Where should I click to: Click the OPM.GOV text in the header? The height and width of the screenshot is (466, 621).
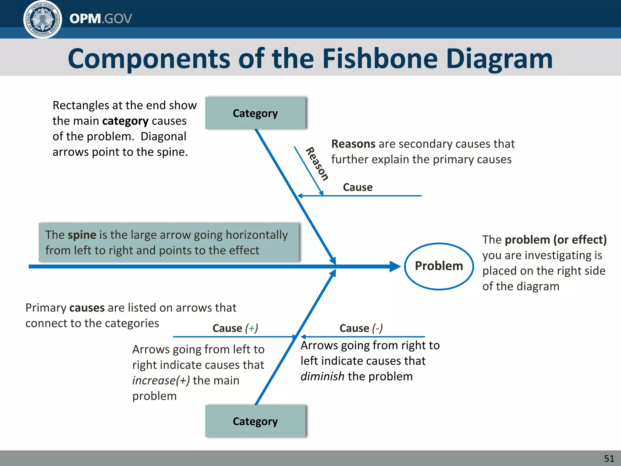click(101, 19)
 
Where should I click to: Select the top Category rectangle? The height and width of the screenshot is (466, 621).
click(255, 113)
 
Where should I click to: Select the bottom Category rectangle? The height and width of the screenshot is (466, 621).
click(255, 421)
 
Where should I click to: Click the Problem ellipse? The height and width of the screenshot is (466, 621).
click(439, 266)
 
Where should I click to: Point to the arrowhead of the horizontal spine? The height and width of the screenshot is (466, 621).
click(395, 266)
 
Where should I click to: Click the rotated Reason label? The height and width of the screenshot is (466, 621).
click(317, 164)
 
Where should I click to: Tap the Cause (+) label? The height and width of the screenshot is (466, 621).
click(235, 328)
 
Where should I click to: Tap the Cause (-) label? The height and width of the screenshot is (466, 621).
click(361, 328)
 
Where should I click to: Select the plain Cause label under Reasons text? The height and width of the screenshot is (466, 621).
click(357, 187)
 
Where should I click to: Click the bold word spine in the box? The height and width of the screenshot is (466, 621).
click(82, 235)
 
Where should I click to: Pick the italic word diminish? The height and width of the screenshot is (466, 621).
click(322, 377)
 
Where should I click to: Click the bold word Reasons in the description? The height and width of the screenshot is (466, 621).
click(353, 144)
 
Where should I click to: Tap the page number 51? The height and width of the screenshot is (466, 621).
click(609, 458)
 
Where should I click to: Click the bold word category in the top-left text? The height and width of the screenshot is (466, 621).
click(125, 121)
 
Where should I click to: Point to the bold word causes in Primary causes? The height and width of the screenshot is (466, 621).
click(87, 308)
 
